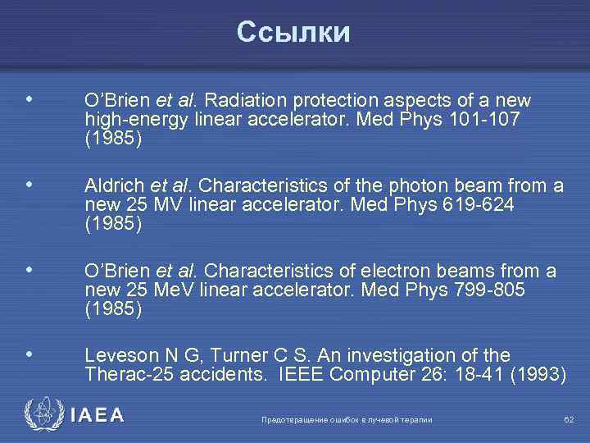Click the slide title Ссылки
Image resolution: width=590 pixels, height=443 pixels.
click(293, 32)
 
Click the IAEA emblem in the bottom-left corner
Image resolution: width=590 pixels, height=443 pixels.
click(42, 414)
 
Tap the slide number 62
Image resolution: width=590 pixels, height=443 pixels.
click(569, 420)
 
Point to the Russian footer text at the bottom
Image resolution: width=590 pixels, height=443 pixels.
click(347, 420)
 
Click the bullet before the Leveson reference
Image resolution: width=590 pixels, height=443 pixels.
click(29, 354)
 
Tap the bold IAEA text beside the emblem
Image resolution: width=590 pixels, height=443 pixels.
click(98, 415)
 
